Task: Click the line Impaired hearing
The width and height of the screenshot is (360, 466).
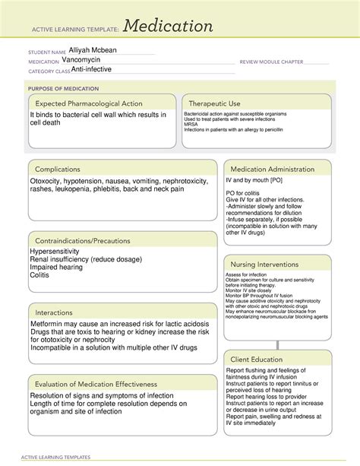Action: click(58, 268)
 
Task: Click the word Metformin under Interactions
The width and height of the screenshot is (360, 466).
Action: click(49, 323)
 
